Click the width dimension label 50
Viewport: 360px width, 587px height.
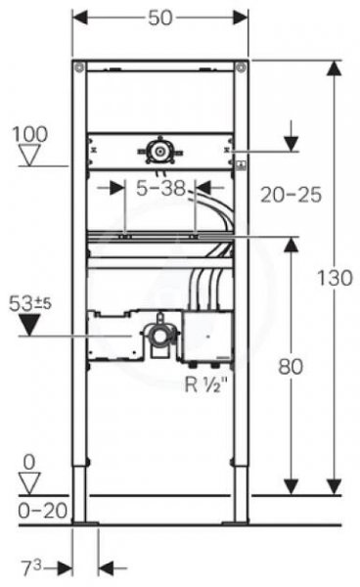(160, 18)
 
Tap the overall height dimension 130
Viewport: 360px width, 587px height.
(335, 278)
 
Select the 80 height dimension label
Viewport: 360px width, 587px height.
(291, 367)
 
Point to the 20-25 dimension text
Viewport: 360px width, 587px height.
(292, 195)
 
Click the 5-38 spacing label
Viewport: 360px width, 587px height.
(160, 188)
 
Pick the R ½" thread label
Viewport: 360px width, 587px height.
(206, 384)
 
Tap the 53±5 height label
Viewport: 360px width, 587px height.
(30, 303)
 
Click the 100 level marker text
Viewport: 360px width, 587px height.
(30, 134)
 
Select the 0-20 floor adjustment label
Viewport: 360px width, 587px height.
(43, 511)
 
